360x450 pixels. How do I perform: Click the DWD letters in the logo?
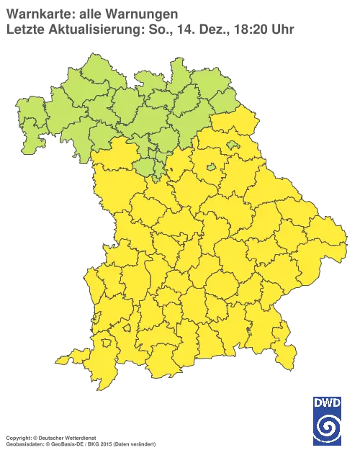click(x=327, y=403)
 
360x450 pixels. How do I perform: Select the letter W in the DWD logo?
click(x=327, y=403)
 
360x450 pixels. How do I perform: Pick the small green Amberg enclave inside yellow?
click(x=211, y=168)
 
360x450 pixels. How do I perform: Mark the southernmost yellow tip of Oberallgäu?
click(x=108, y=385)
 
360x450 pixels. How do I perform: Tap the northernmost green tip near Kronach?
click(x=172, y=60)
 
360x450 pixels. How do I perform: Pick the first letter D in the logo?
click(x=318, y=403)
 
